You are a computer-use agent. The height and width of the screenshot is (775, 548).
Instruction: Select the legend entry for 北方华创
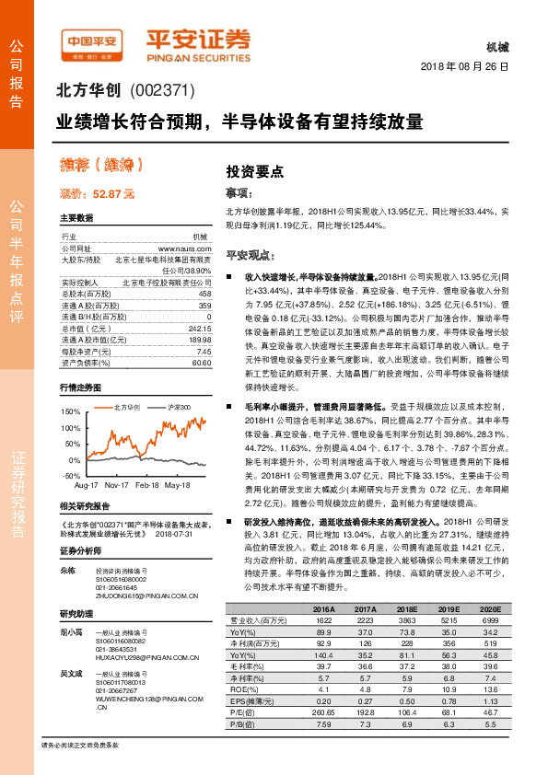pyautogui.click(x=125, y=406)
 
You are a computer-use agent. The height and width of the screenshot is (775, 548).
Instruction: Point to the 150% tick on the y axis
pyautogui.click(x=71, y=411)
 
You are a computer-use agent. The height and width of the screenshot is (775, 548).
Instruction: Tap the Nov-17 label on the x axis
pyautogui.click(x=117, y=484)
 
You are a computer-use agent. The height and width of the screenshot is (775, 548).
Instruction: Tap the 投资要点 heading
pyautogui.click(x=255, y=171)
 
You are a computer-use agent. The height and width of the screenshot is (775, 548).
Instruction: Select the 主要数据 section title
pyautogui.click(x=76, y=218)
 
